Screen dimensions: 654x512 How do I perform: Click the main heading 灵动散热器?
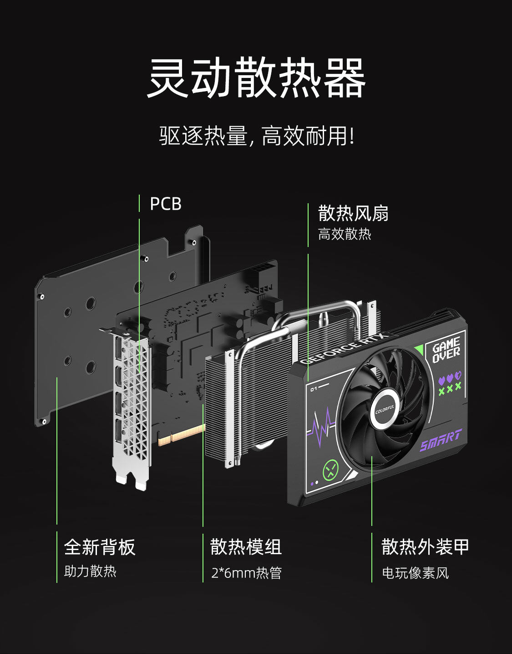[256, 78]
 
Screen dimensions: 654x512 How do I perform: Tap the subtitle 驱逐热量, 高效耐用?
[256, 136]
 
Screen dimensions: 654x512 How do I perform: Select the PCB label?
[166, 204]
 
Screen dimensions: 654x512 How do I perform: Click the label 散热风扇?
[353, 213]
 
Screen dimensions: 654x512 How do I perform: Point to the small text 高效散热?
[345, 234]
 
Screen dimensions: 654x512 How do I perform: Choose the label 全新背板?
[100, 547]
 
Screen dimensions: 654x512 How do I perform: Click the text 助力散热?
[90, 571]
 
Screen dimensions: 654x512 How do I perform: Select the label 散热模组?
[246, 547]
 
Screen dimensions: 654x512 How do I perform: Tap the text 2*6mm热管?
[246, 573]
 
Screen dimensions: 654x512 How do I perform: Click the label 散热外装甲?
[425, 547]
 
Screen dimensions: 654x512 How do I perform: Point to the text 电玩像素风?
[415, 573]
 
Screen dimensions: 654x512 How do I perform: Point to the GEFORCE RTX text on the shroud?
[344, 349]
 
